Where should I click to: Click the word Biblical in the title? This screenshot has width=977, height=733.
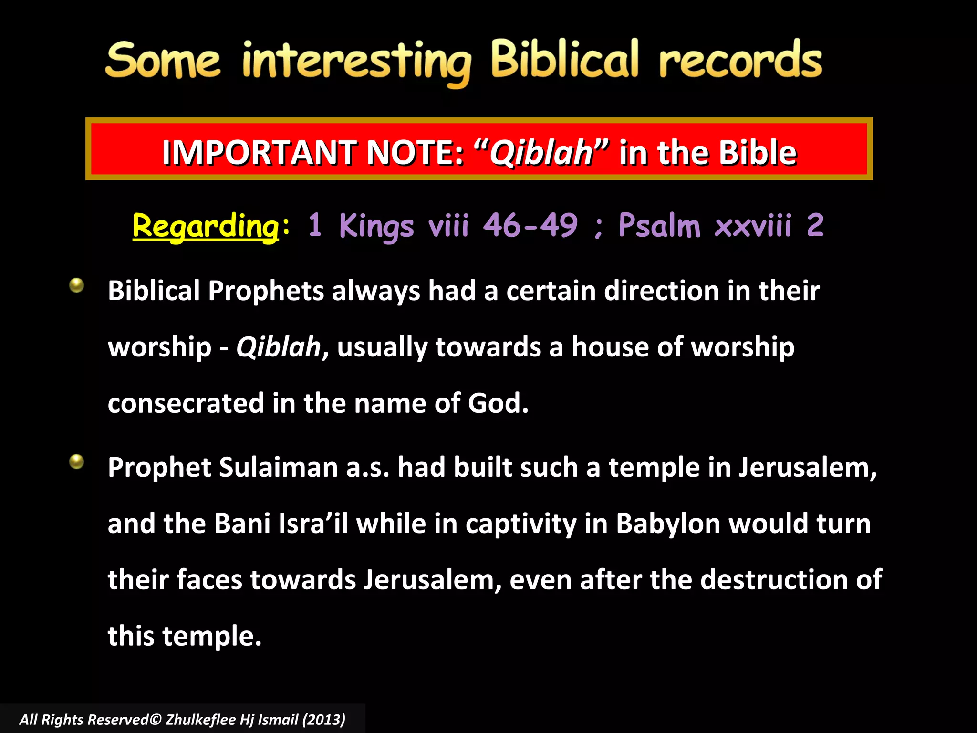564,60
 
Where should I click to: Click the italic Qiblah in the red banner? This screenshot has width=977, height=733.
541,153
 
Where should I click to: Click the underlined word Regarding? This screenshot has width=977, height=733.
206,226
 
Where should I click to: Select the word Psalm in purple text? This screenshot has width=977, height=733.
659,225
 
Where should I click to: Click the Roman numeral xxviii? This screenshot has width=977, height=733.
753,225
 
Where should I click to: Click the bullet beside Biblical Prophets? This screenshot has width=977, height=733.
76,285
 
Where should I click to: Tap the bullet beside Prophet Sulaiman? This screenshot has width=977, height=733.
76,461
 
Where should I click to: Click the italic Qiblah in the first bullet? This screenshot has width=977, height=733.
279,347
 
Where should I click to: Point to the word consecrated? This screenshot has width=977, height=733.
186,403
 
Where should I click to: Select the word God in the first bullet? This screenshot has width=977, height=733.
498,403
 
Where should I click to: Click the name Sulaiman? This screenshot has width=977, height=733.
278,467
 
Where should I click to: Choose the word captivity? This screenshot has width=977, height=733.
521,524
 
